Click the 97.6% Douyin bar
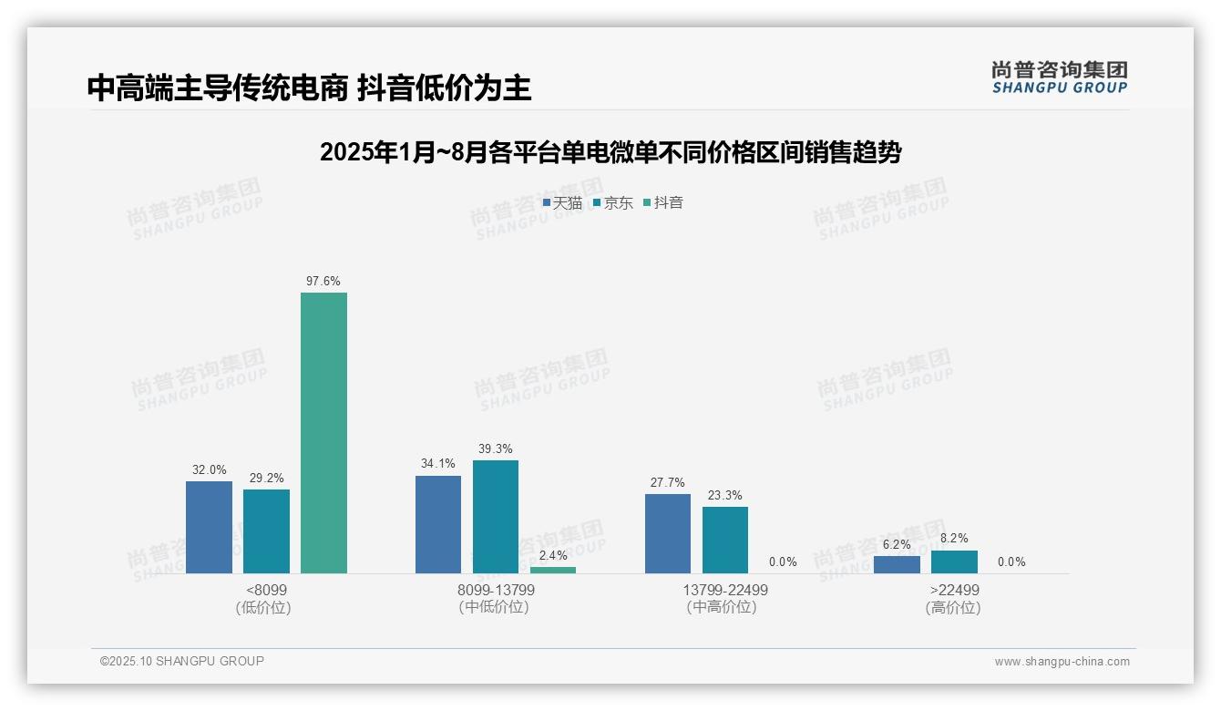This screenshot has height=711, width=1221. coord(323,433)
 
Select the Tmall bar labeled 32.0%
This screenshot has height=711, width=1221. coord(209,527)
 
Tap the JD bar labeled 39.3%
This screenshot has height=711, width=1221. coord(495,517)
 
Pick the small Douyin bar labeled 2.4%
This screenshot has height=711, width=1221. coord(553,570)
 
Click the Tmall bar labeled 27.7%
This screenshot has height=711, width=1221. coord(668,533)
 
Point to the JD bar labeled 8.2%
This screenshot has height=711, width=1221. coord(954,562)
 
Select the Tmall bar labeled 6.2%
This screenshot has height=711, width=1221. coord(897,564)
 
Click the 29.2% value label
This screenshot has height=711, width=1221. coord(266,478)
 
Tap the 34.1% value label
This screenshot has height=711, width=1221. coord(438,464)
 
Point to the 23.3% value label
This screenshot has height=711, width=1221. coord(725,495)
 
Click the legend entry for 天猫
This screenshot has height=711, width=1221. coord(562,202)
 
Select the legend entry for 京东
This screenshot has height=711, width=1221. coord(613,202)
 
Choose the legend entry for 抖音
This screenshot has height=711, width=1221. coord(663,202)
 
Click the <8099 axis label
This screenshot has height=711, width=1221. coord(266,590)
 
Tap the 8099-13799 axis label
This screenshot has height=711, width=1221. coord(496,590)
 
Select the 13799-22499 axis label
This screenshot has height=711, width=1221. coord(725,590)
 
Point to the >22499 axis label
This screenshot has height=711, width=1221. coord(954,590)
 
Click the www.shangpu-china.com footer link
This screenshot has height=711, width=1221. coord(1062,662)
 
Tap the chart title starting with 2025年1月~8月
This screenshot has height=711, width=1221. coord(610,152)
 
